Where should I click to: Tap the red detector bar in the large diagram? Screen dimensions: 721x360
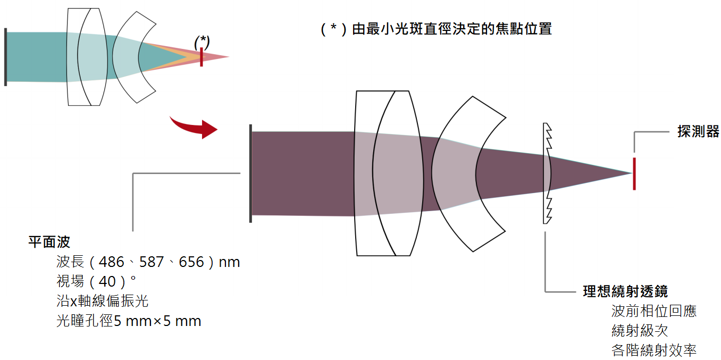pyautogui.click(x=634, y=174)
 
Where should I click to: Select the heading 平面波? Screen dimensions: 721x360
pyautogui.click(x=49, y=242)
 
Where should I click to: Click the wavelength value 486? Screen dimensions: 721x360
pyautogui.click(x=111, y=262)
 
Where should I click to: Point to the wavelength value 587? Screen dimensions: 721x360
pyautogui.click(x=152, y=262)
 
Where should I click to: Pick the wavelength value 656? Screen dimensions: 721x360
pyautogui.click(x=191, y=262)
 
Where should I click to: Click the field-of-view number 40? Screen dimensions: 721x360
pyautogui.click(x=107, y=282)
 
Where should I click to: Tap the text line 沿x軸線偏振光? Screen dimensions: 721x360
pyautogui.click(x=103, y=301)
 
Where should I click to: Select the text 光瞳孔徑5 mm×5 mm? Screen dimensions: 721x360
pyautogui.click(x=129, y=321)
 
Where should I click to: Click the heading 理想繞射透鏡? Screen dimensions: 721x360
pyautogui.click(x=625, y=291)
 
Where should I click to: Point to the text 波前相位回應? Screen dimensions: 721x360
pyautogui.click(x=653, y=311)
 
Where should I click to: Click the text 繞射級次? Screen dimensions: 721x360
pyautogui.click(x=640, y=331)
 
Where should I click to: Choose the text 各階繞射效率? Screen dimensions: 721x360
pyautogui.click(x=653, y=350)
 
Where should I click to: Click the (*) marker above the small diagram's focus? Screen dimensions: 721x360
pyautogui.click(x=202, y=42)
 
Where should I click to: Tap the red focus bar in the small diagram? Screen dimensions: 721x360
pyautogui.click(x=202, y=57)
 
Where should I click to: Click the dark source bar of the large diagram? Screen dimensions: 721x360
pyautogui.click(x=250, y=173)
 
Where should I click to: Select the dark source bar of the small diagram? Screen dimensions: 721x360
pyautogui.click(x=5, y=57)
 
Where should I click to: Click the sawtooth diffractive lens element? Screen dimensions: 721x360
pyautogui.click(x=548, y=173)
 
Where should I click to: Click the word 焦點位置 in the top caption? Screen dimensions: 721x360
pyautogui.click(x=524, y=29)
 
